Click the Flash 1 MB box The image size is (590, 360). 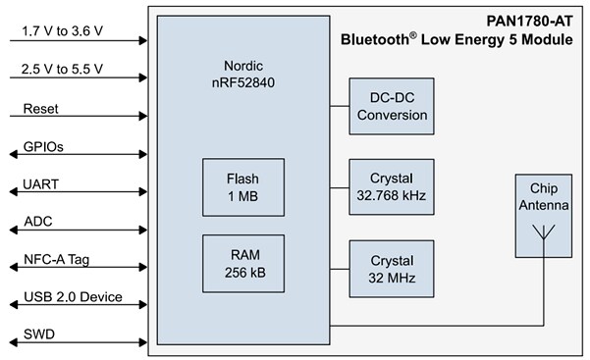tap(242, 186)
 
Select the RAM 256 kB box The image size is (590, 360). tap(242, 262)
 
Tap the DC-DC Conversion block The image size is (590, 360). tap(391, 107)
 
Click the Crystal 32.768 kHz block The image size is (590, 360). tap(391, 186)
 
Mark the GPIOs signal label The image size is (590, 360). tap(42, 146)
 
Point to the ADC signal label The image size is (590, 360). tap(37, 223)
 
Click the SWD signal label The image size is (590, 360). tap(38, 335)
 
